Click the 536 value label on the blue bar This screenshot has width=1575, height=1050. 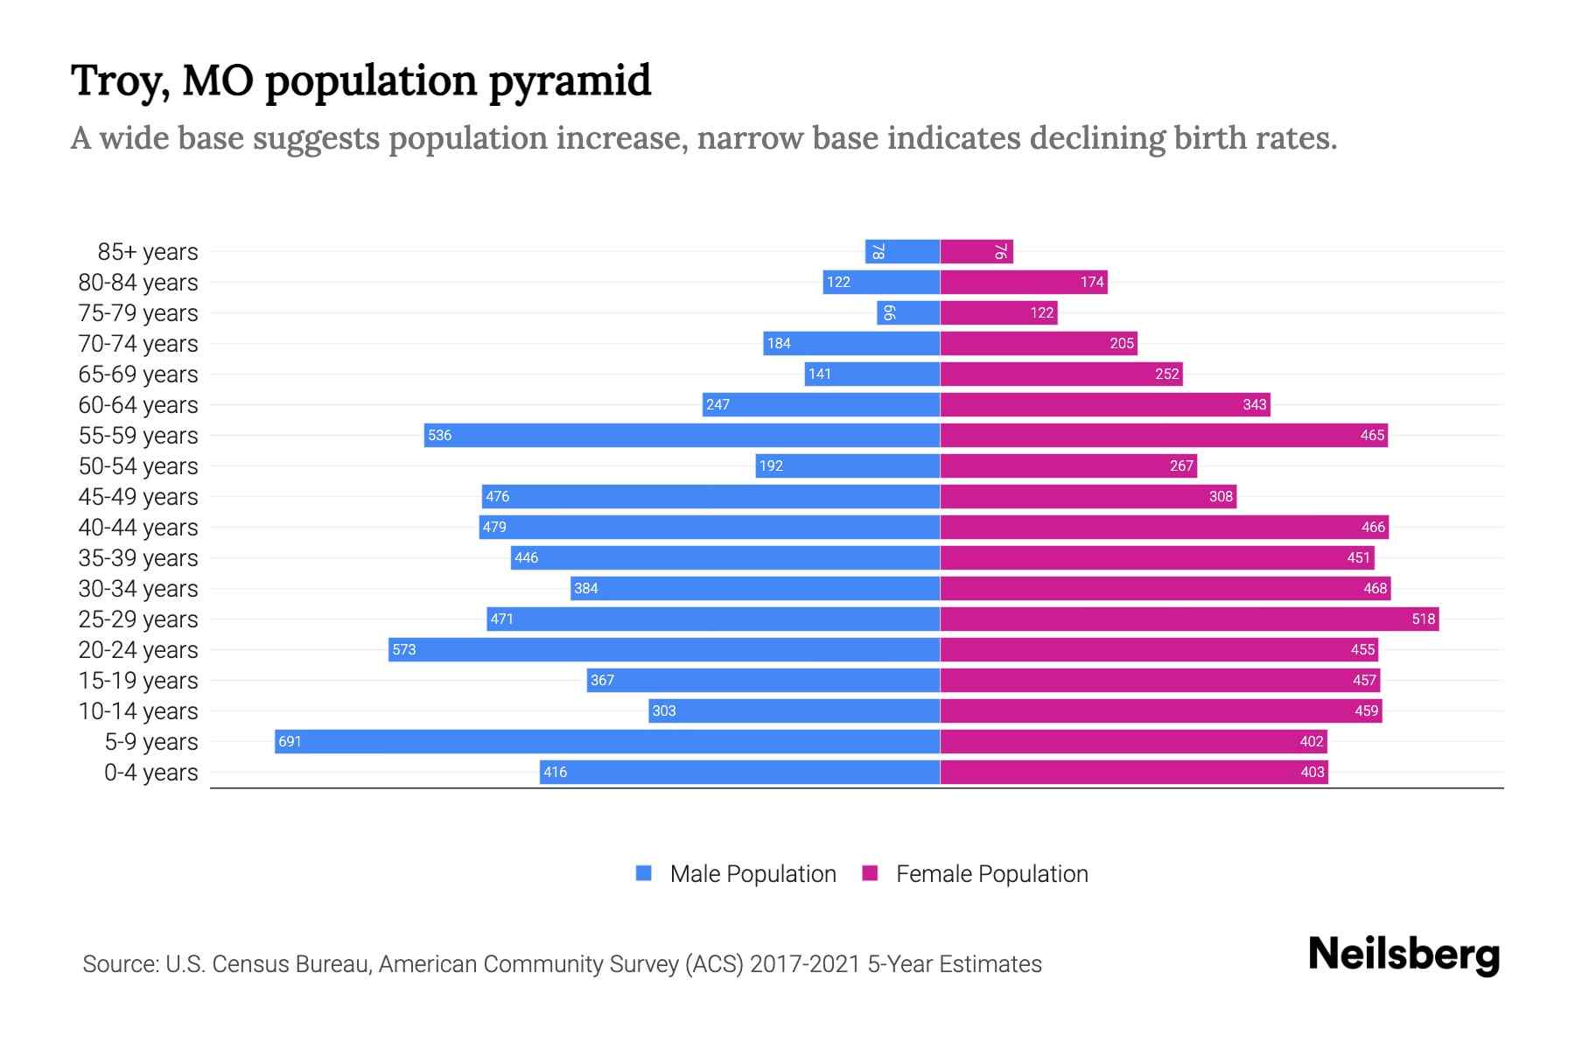coord(439,435)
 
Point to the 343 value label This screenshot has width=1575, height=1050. coord(1254,404)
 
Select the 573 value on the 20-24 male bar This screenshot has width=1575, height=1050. coord(403,649)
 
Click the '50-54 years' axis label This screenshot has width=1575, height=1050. coord(138,466)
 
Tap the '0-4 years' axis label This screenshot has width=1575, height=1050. coord(150,773)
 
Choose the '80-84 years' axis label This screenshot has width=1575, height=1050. coord(138,283)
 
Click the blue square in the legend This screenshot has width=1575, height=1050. coord(644,873)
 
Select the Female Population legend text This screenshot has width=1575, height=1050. coord(991,874)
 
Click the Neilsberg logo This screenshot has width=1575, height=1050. coord(1403,955)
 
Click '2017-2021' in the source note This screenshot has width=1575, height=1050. coord(805,964)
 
